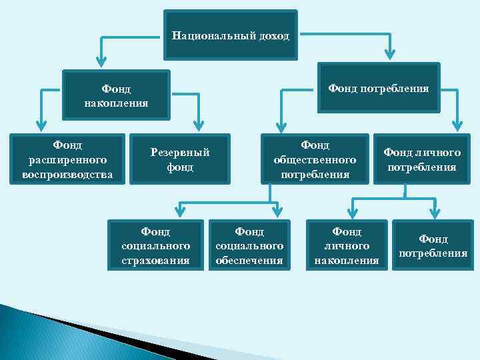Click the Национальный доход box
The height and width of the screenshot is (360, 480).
click(231, 35)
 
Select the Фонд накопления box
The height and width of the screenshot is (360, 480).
click(116, 95)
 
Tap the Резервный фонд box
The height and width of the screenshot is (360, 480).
click(180, 159)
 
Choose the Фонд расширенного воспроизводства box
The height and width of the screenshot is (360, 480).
click(67, 159)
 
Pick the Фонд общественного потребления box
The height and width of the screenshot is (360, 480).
click(315, 159)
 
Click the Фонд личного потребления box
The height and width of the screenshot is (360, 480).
click(422, 159)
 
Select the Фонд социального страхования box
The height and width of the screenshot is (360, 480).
click(156, 245)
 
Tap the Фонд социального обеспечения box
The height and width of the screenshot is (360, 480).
click(250, 245)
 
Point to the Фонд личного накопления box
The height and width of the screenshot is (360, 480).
click(347, 245)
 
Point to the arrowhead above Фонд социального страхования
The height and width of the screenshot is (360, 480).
click(178, 211)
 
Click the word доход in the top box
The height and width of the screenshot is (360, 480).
click(273, 35)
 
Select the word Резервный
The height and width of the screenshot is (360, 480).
click(180, 152)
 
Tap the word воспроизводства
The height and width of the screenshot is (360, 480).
click(67, 175)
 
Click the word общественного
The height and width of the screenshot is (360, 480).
click(315, 160)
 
